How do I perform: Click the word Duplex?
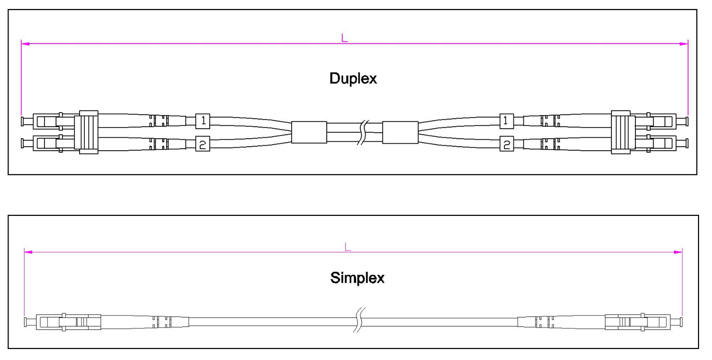(x=353, y=79)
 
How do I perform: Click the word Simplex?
(x=357, y=278)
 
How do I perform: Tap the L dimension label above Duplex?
(x=344, y=38)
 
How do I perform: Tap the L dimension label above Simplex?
(x=348, y=246)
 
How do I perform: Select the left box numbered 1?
(x=203, y=121)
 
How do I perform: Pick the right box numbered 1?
(x=506, y=121)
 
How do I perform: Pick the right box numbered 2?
(x=506, y=144)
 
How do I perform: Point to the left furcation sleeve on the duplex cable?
(x=309, y=132)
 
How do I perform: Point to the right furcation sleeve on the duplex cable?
(x=400, y=132)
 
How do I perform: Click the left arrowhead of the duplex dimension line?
(x=25, y=44)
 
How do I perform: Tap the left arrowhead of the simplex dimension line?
(x=28, y=252)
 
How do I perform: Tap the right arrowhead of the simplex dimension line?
(x=678, y=252)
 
